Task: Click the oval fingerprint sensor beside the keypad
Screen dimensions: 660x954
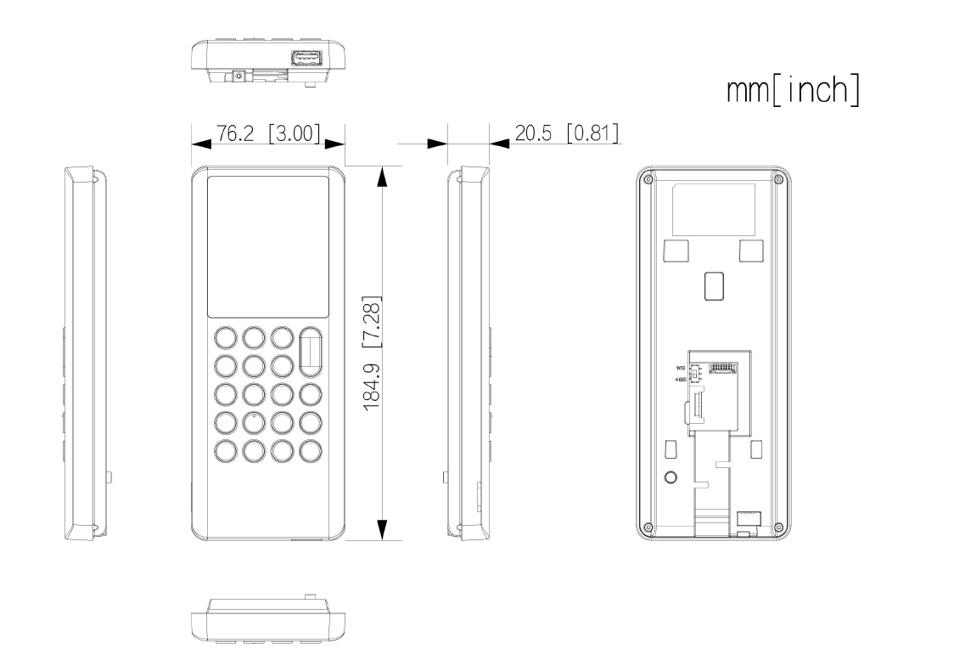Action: [x=311, y=351]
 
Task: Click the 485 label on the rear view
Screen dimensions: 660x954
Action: [x=680, y=381]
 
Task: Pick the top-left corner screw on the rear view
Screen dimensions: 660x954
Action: [x=648, y=181]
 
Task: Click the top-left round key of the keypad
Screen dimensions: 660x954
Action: [x=225, y=337]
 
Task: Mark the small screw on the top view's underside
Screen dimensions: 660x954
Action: [x=238, y=76]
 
